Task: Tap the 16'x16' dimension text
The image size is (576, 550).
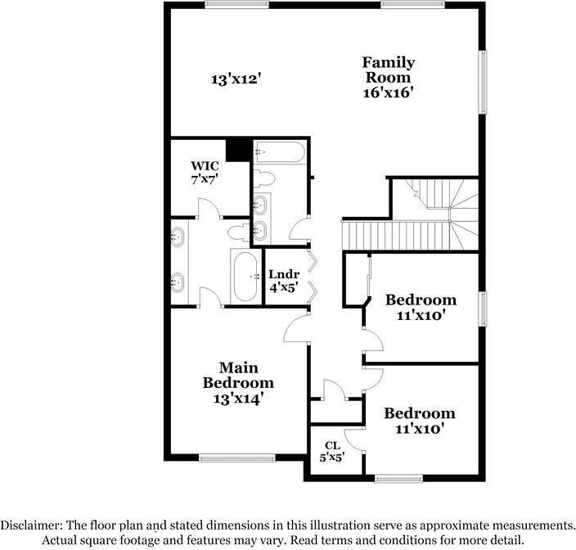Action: pyautogui.click(x=389, y=93)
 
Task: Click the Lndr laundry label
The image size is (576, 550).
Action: pyautogui.click(x=283, y=273)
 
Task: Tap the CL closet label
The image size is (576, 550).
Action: pyautogui.click(x=331, y=445)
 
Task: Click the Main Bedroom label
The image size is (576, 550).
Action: pyautogui.click(x=238, y=375)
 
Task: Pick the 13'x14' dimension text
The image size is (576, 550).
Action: pyautogui.click(x=238, y=399)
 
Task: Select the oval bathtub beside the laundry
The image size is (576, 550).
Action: pyautogui.click(x=244, y=276)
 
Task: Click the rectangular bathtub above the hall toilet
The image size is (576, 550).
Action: pyautogui.click(x=279, y=152)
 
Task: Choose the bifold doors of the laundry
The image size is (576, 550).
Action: pyautogui.click(x=311, y=275)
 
